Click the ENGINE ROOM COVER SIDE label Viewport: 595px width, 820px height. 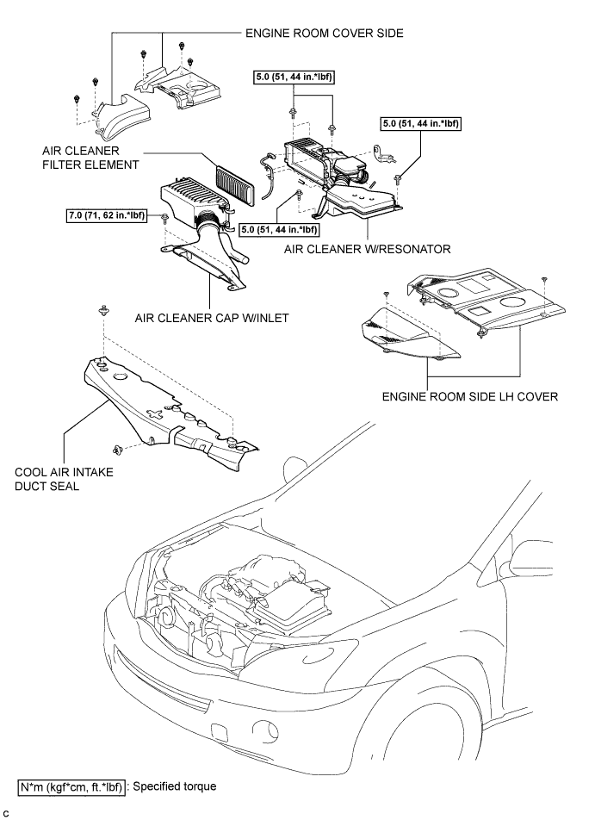coord(324,33)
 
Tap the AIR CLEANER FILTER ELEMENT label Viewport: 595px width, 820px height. coord(90,158)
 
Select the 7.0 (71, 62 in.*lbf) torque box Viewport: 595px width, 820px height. coord(106,215)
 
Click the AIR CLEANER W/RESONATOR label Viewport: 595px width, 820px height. coord(367,249)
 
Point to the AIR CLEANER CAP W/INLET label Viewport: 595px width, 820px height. coord(212,318)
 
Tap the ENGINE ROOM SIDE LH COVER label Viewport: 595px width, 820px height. coord(469,396)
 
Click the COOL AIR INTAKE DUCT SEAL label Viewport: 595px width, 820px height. coord(64,479)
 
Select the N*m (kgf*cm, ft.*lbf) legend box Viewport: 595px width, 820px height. coord(71,787)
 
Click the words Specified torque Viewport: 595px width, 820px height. coord(175,786)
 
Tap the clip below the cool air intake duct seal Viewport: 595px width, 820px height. coord(118,448)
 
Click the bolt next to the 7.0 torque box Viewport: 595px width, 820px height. coord(165,217)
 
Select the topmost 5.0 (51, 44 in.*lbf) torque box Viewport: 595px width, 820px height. coord(294,78)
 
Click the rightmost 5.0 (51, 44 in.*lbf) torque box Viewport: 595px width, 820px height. coord(421,123)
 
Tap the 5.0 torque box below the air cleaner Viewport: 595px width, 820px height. coord(278,229)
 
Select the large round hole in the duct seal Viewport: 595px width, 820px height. coord(121,377)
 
